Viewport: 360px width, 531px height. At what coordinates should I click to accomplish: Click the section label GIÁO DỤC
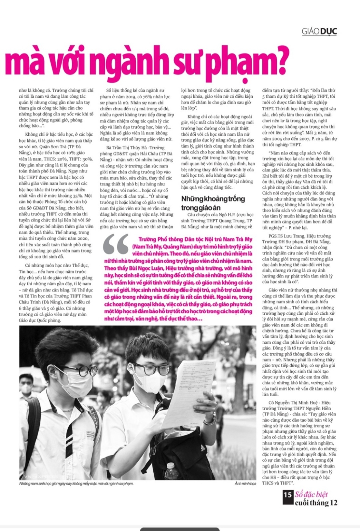click(x=319, y=32)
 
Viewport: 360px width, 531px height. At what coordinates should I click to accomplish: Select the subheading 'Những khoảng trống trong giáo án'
click(x=213, y=203)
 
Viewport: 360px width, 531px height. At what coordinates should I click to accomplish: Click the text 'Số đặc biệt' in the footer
click(x=311, y=494)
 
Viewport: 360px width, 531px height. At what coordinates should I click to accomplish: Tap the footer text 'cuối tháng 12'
click(x=316, y=503)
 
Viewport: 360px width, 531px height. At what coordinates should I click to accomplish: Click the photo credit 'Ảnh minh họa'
click(x=245, y=484)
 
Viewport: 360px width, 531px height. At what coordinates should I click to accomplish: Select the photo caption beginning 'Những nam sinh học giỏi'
click(x=76, y=484)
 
